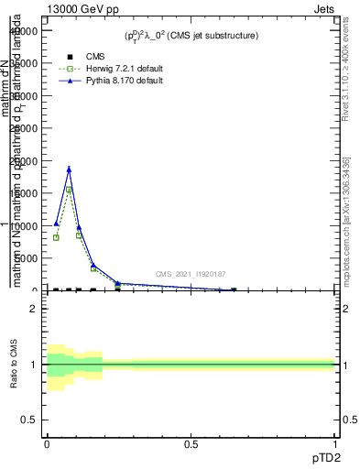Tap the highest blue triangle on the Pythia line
[x=69, y=169]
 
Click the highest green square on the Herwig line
[x=69, y=190]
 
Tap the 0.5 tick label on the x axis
[x=191, y=444]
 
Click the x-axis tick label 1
[x=335, y=444]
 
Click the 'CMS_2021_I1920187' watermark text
[x=190, y=274]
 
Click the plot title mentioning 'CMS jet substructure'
[x=191, y=36]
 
